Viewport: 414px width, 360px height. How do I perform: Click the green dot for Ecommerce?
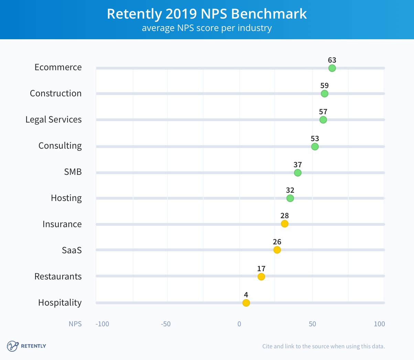click(x=332, y=68)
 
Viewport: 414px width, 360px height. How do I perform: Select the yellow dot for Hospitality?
click(x=246, y=303)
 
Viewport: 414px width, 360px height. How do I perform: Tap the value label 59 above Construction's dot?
click(x=324, y=86)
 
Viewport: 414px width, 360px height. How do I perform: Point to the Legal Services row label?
click(x=54, y=119)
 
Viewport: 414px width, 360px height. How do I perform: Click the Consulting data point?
click(x=315, y=147)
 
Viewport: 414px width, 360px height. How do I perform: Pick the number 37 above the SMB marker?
click(x=297, y=165)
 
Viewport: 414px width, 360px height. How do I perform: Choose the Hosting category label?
click(x=66, y=198)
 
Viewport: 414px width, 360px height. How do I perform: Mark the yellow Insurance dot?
click(x=284, y=224)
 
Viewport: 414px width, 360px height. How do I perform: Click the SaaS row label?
click(x=72, y=250)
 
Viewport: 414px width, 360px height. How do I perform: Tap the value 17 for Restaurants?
click(x=261, y=269)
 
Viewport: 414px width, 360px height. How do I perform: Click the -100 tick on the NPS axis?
click(x=102, y=324)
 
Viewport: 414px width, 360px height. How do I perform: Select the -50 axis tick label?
click(x=166, y=324)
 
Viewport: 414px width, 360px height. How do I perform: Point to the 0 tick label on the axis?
click(x=239, y=324)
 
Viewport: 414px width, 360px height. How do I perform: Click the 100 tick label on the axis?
click(x=379, y=324)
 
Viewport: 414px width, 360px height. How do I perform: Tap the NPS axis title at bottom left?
click(x=75, y=324)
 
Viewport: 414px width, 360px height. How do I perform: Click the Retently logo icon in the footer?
click(x=12, y=346)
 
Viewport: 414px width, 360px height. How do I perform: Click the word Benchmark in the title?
click(x=269, y=14)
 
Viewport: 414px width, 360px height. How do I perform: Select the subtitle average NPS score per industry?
click(x=207, y=28)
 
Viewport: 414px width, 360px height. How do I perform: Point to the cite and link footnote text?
click(x=323, y=346)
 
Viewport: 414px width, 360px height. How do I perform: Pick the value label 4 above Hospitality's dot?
click(x=246, y=295)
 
